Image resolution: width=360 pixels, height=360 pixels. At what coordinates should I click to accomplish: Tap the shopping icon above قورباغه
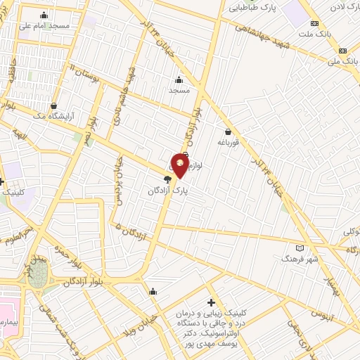(x=229, y=131)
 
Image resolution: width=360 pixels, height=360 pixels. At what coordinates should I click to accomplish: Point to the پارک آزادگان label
(x=169, y=190)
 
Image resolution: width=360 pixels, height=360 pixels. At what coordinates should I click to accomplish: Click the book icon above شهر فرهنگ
(x=301, y=248)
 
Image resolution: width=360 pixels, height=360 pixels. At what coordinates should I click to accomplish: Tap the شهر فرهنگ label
(x=300, y=259)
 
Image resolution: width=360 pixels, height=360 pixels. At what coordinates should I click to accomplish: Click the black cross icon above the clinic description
(x=210, y=302)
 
